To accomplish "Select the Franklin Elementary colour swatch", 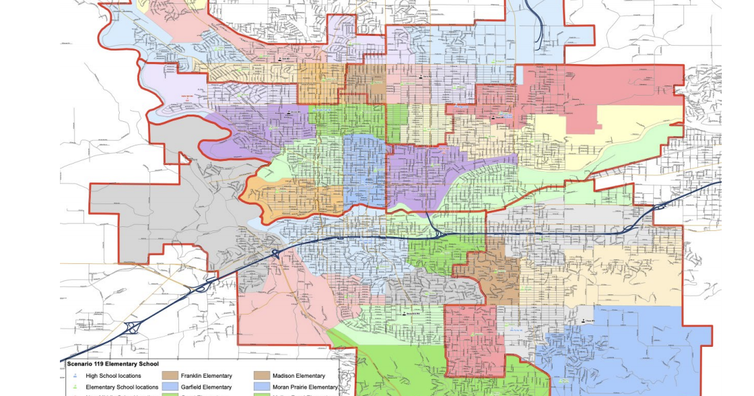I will (x=170, y=376).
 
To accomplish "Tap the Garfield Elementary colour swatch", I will (x=170, y=387).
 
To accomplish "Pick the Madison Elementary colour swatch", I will (x=262, y=376).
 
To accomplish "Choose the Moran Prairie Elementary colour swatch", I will (x=262, y=387).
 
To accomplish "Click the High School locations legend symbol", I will (x=74, y=376).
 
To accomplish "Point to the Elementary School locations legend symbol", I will (x=74, y=387).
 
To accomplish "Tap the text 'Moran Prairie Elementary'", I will (x=305, y=387).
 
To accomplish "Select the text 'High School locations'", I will (x=116, y=376).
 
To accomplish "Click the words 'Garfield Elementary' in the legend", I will (x=206, y=387).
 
